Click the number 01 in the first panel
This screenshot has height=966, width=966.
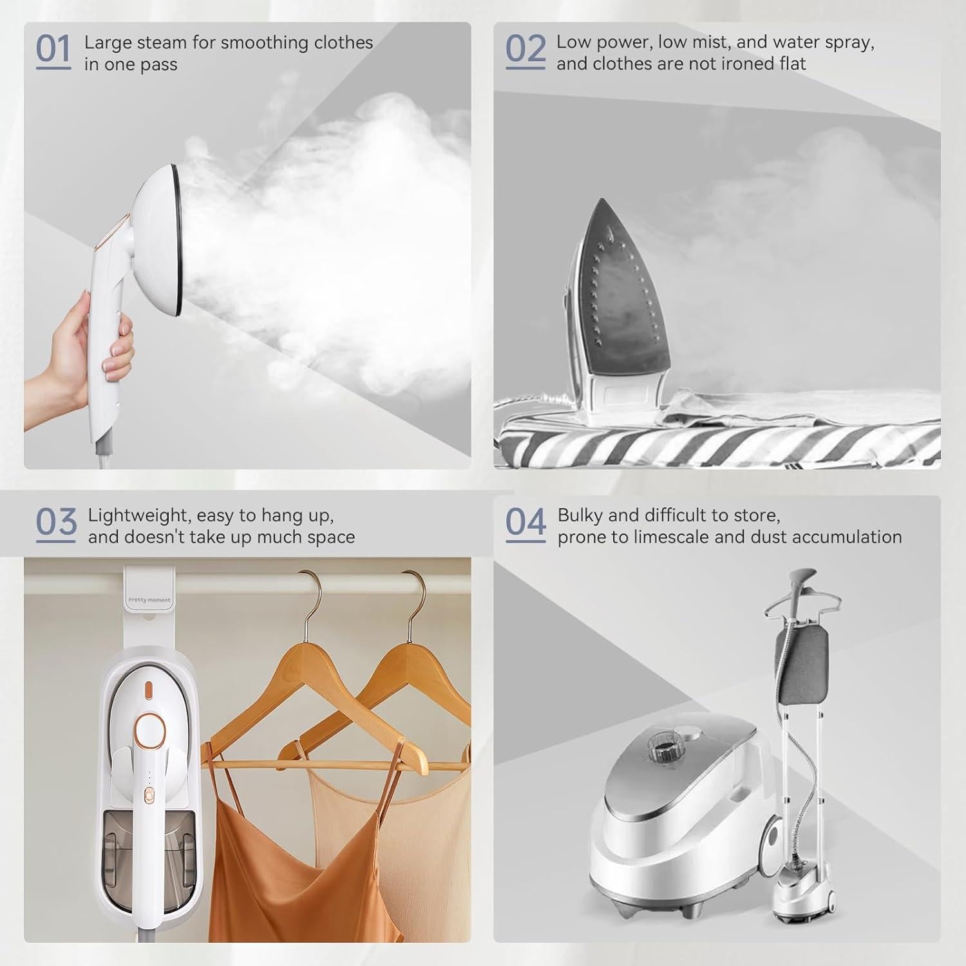[53, 50]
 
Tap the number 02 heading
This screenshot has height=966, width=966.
[524, 50]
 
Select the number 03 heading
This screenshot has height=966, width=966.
[56, 523]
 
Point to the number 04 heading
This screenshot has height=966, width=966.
[526, 523]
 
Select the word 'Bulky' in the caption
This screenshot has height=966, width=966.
[580, 516]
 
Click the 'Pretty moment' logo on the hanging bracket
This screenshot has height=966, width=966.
[149, 600]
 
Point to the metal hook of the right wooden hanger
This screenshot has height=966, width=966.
[415, 596]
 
